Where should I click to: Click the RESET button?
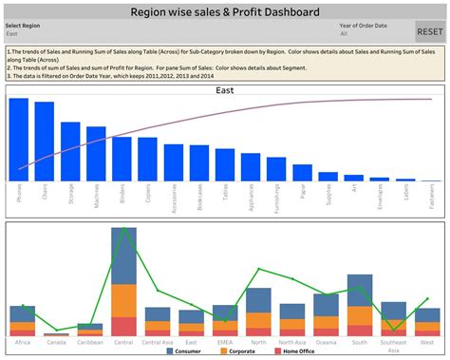[429, 31]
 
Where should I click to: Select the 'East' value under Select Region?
[13, 33]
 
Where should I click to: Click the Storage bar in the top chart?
[70, 151]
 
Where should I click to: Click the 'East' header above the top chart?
[225, 91]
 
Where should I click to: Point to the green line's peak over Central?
[122, 229]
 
